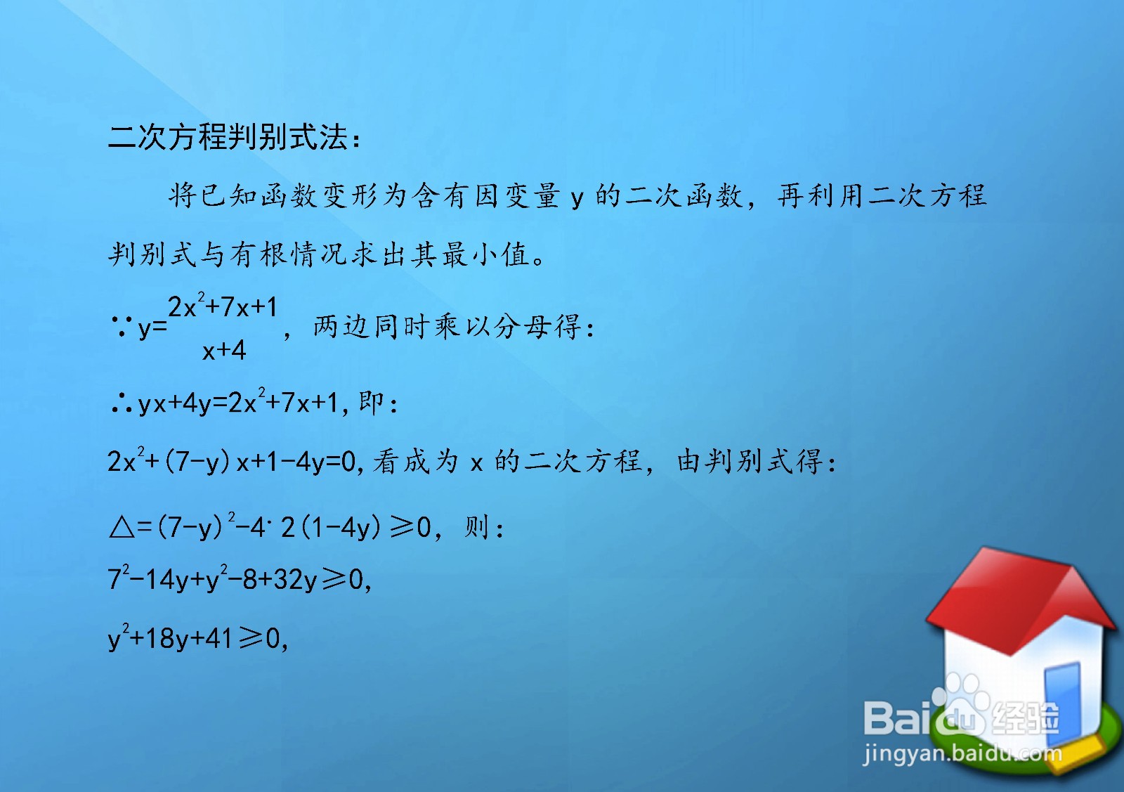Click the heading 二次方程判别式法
coord(228,137)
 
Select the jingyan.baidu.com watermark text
coord(962,753)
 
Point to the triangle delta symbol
coord(122,526)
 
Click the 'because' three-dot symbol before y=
coord(121,325)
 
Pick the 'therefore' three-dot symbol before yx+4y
coord(121,403)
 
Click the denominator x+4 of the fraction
coord(224,350)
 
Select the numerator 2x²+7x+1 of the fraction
coord(223,307)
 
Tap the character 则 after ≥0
coord(476,526)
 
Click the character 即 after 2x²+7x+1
coord(371,403)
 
